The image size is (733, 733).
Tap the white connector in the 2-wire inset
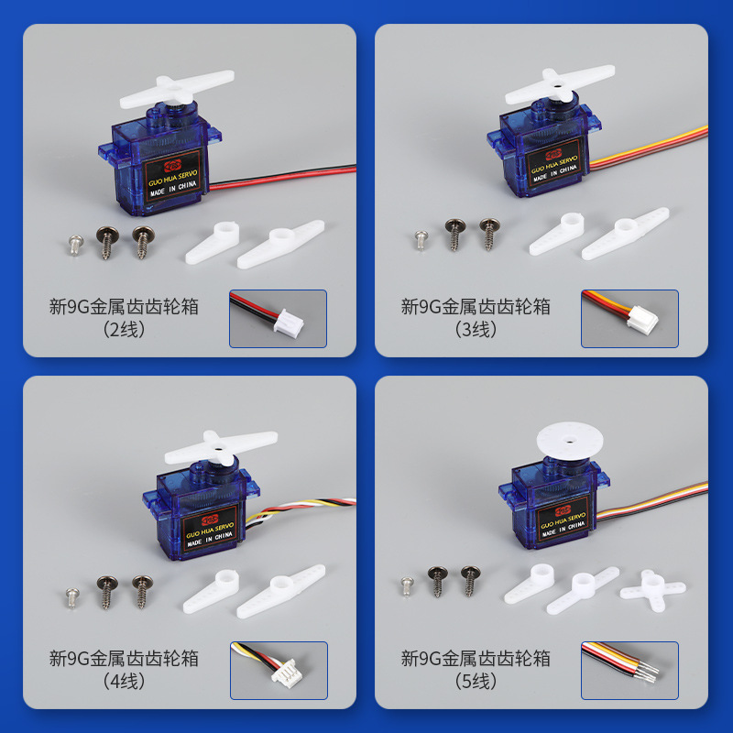289,323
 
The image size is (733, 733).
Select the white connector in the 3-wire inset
642,320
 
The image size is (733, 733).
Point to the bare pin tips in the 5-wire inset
649,671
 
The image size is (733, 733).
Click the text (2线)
124,330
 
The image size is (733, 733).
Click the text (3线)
476,330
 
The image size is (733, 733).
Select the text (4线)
124,682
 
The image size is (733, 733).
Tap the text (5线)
476,682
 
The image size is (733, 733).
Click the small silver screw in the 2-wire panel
76,245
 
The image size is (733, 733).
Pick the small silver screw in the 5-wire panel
407,586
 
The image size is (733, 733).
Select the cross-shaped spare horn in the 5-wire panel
652,590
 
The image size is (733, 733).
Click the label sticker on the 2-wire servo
172,177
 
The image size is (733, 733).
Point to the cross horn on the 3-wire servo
559,85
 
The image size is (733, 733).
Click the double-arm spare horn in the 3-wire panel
626,233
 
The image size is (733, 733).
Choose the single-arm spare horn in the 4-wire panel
212,591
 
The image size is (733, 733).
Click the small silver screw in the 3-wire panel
421,240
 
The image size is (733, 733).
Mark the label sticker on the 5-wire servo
563,520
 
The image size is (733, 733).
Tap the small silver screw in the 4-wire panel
72,598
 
